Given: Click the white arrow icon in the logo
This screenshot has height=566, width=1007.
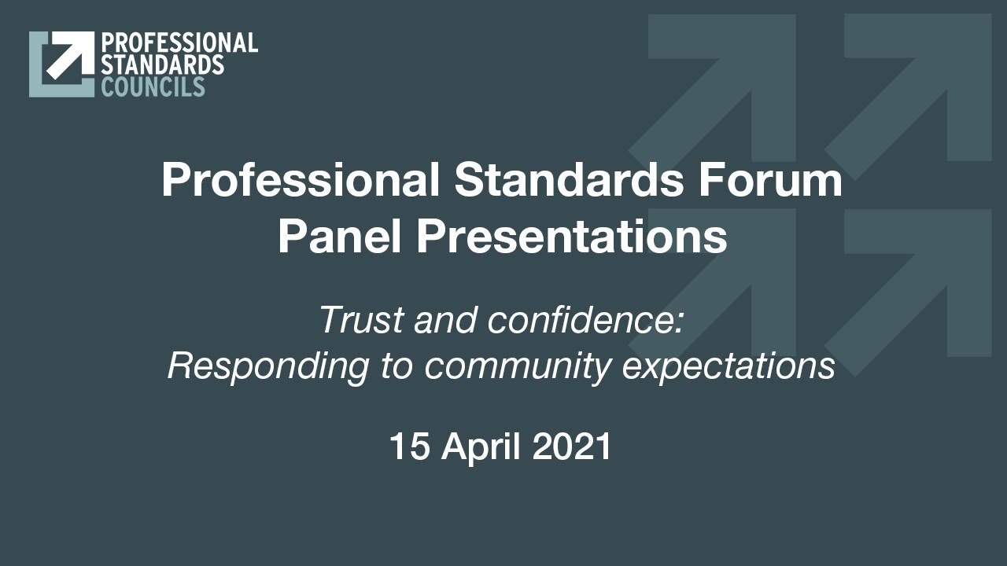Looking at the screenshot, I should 64,57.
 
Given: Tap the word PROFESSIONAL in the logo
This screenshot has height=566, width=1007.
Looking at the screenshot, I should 179,43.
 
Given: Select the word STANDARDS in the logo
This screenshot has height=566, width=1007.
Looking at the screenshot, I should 162,64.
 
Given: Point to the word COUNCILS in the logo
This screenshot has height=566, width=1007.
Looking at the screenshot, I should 153,86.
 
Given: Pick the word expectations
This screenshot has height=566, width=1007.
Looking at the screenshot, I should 729,366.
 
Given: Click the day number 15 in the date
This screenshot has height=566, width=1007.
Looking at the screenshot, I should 410,447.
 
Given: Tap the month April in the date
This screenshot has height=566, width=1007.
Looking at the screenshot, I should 481,447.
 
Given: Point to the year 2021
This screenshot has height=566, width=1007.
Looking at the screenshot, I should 572,447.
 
